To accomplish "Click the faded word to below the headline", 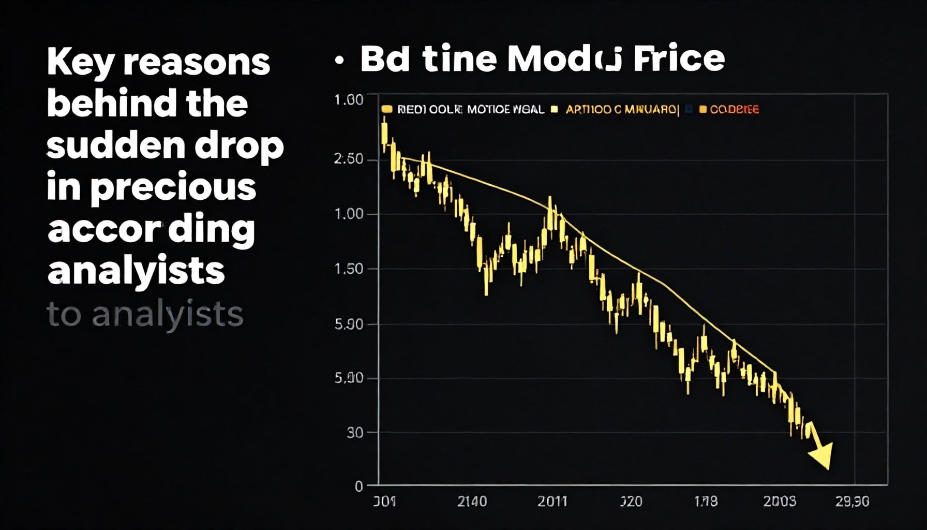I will (x=64, y=315).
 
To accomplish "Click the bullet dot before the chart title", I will (x=339, y=61).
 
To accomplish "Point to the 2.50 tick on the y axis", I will (x=349, y=159).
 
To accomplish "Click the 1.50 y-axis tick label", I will (x=349, y=269).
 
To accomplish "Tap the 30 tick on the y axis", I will (x=355, y=433).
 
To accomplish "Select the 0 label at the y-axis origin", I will (x=358, y=487).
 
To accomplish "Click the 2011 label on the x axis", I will (x=552, y=502).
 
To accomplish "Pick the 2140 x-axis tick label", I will (x=472, y=502).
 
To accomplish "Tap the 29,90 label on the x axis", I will (x=853, y=502).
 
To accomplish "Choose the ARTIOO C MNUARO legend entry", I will (x=621, y=109).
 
